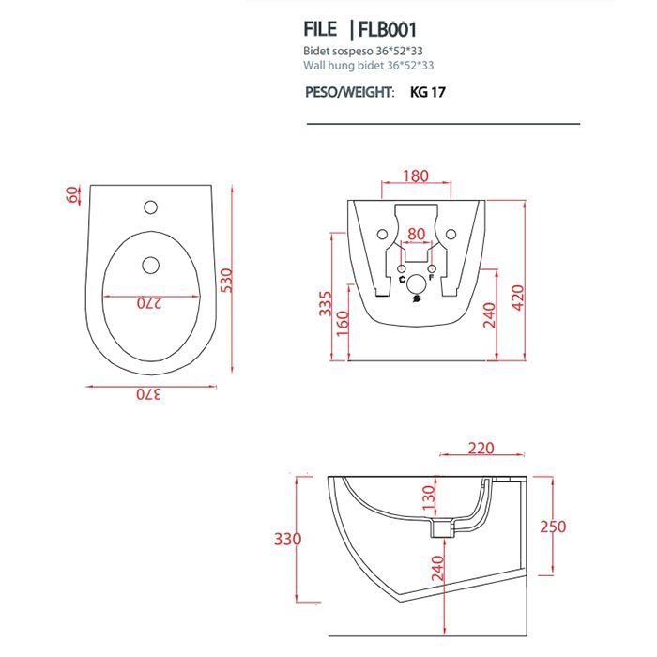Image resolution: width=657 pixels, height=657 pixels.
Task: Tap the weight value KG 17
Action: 428,93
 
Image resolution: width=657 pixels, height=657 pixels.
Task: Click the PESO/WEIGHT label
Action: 350,93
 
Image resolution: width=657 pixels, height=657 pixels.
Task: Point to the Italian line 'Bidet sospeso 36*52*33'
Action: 360,52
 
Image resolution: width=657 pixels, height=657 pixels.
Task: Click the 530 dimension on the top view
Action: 225,279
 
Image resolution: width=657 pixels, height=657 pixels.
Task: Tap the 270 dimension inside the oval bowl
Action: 150,303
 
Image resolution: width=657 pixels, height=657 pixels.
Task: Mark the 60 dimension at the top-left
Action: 71,194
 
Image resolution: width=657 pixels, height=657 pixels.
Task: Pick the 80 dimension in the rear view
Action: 417,233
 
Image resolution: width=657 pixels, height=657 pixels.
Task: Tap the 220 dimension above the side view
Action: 481,449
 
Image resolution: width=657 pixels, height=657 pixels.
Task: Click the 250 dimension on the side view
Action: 554,527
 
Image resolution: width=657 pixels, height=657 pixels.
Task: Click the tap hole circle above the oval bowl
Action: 150,206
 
